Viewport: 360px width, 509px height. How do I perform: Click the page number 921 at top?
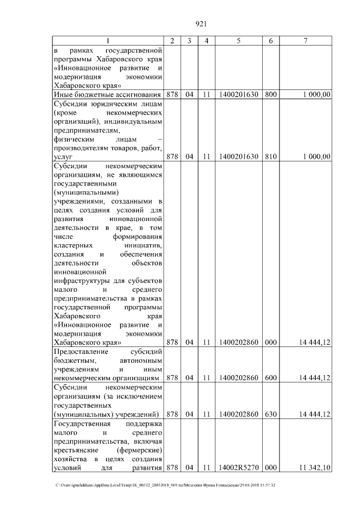pos(201,24)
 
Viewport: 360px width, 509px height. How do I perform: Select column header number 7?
pos(305,40)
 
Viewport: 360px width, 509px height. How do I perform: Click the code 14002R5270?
pos(239,467)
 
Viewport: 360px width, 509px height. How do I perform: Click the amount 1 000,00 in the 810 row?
pos(316,157)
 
